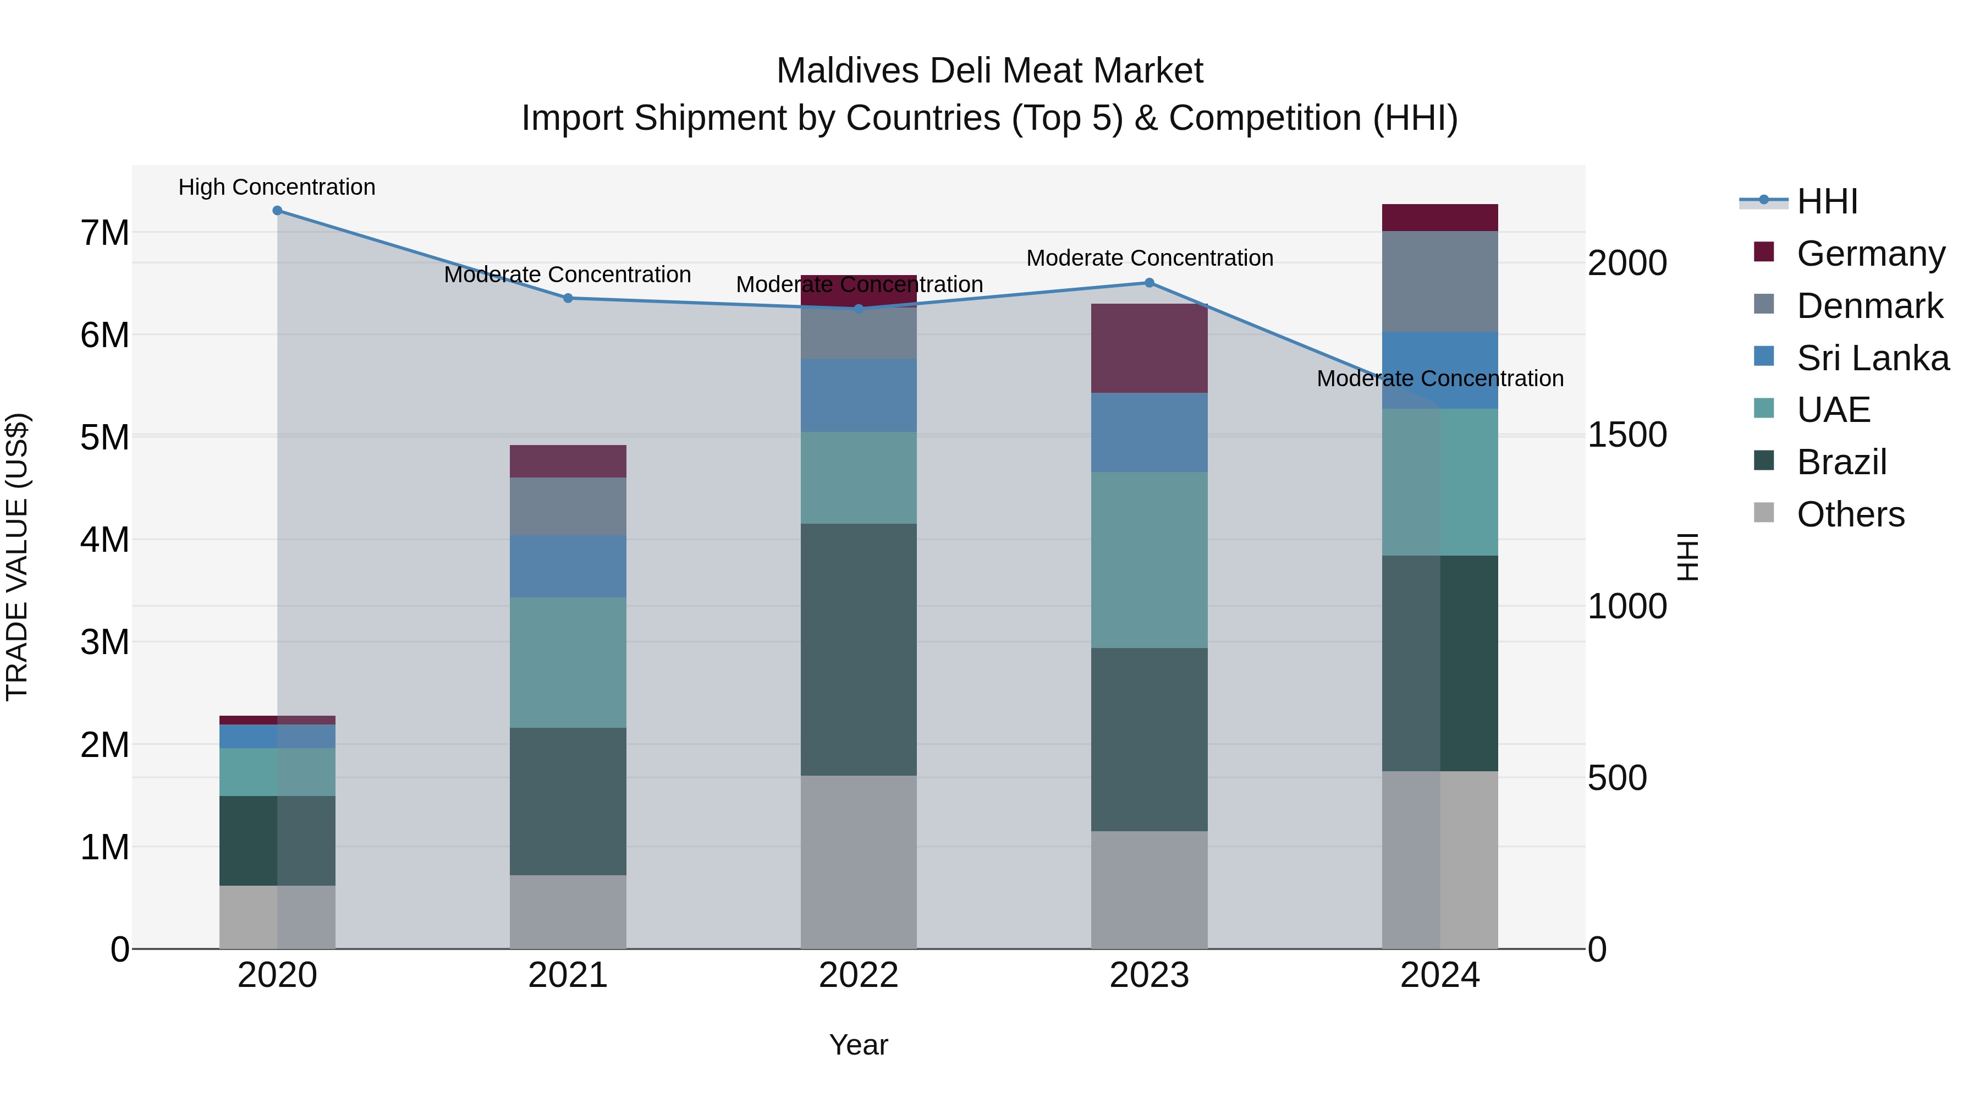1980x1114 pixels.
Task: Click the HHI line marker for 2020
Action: pyautogui.click(x=278, y=211)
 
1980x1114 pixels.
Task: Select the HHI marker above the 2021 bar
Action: pyautogui.click(x=568, y=298)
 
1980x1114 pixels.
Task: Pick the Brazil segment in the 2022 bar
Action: pyautogui.click(x=859, y=650)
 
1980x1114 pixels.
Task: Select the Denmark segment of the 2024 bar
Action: pyautogui.click(x=1440, y=281)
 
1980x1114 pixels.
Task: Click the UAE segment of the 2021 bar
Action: pyautogui.click(x=568, y=663)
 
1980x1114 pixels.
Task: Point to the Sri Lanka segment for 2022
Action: pyautogui.click(x=859, y=395)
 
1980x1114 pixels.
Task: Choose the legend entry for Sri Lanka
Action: pyautogui.click(x=1872, y=358)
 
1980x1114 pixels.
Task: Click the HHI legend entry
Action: pyautogui.click(x=1827, y=201)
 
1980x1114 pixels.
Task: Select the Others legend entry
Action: pyautogui.click(x=1850, y=514)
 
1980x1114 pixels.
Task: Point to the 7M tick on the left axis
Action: pyautogui.click(x=105, y=233)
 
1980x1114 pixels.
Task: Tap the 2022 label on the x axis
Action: pyautogui.click(x=859, y=975)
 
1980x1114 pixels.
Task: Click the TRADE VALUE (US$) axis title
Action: pyautogui.click(x=18, y=557)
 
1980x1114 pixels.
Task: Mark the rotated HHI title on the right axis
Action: pyautogui.click(x=1688, y=557)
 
